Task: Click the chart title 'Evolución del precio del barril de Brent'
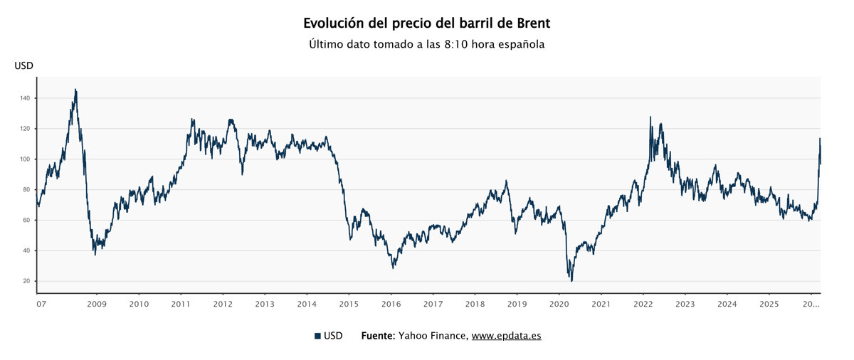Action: (426, 23)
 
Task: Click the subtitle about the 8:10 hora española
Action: (426, 44)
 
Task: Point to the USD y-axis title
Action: (23, 66)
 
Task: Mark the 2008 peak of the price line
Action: (75, 90)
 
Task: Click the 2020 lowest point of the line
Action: (571, 280)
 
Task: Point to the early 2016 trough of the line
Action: (393, 268)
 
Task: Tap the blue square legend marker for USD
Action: (317, 336)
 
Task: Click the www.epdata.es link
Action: (506, 336)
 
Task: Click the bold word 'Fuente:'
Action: (377, 336)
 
